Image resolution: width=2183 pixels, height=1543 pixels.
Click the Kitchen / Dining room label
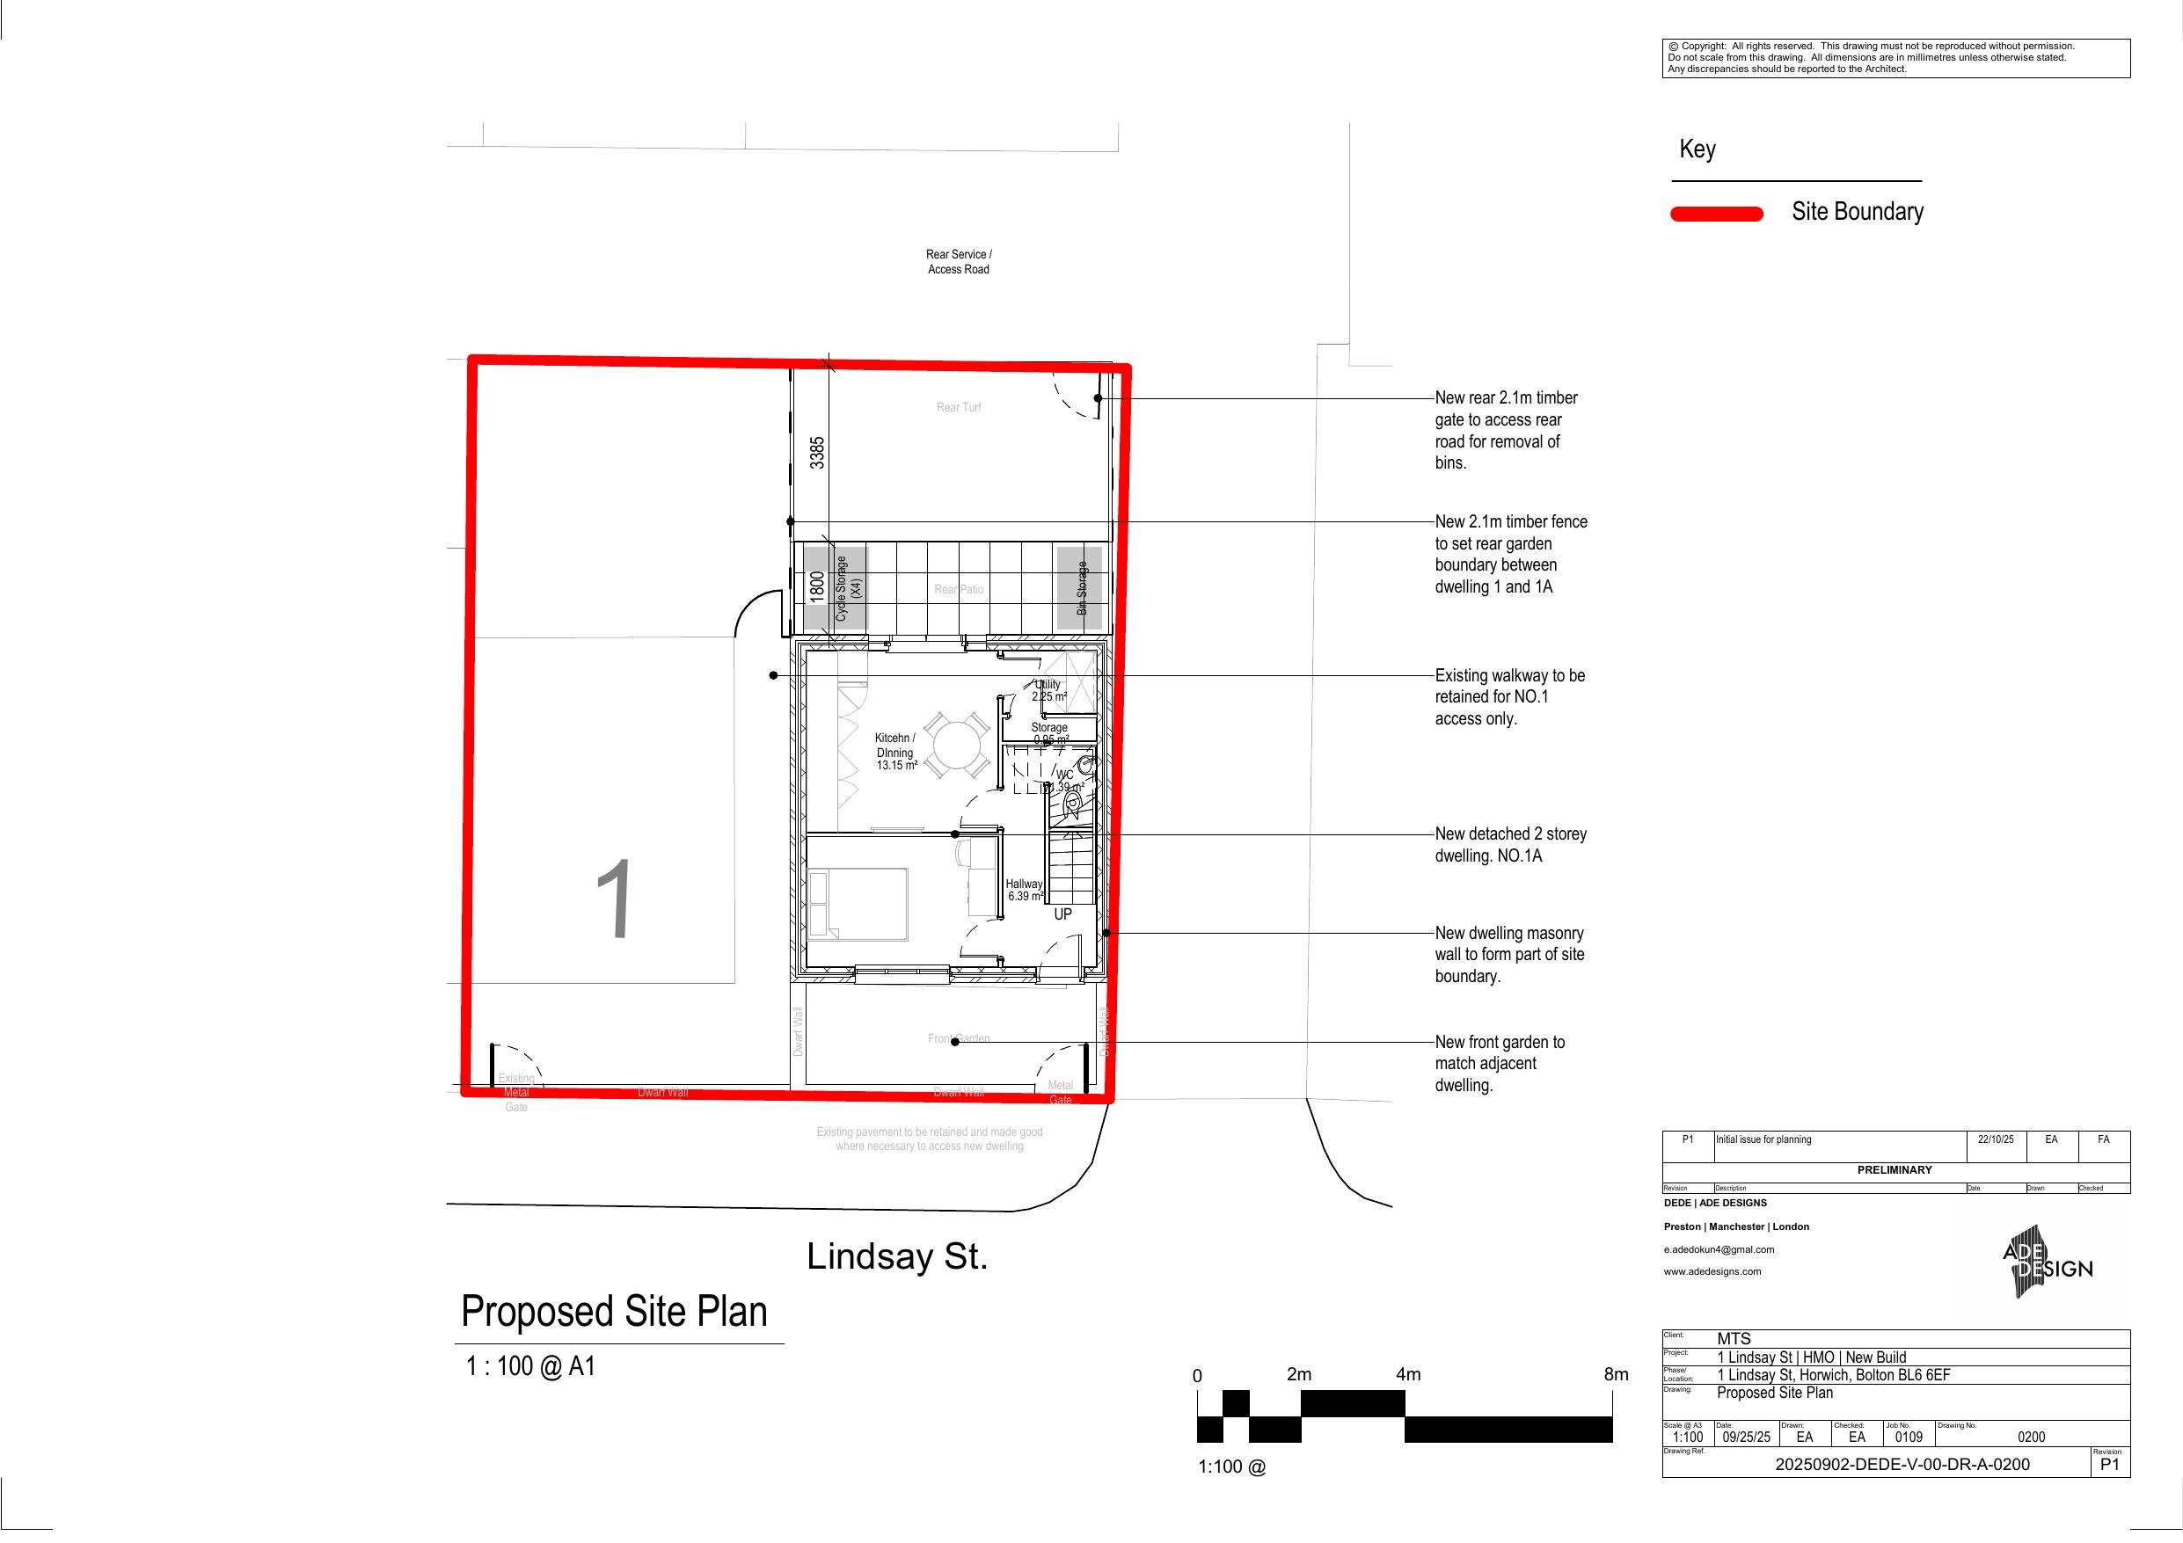[x=895, y=751]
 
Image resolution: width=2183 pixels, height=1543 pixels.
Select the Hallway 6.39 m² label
[x=1024, y=890]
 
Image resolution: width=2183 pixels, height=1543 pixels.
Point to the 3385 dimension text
[x=818, y=453]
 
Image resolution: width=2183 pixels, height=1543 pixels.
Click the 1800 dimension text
[x=817, y=586]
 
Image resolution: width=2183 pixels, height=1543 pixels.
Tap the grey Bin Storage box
[x=1080, y=587]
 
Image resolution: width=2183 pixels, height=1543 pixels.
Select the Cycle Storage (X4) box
[x=836, y=588]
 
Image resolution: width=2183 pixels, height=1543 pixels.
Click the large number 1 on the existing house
[x=615, y=900]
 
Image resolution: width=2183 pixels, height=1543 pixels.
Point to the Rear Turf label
[x=959, y=408]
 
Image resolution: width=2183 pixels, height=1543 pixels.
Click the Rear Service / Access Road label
[x=959, y=261]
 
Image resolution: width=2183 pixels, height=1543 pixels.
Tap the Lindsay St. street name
[x=896, y=1257]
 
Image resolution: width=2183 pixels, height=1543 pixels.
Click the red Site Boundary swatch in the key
[x=1716, y=214]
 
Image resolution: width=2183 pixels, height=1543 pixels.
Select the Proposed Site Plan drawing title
[x=614, y=1312]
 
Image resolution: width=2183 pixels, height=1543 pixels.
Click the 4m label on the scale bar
[x=1408, y=1375]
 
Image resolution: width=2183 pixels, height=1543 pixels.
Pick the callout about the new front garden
[x=1500, y=1064]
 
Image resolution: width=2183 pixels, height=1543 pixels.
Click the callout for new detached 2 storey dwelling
[x=1510, y=844]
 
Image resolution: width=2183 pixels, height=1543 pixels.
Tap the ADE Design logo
[x=2046, y=1268]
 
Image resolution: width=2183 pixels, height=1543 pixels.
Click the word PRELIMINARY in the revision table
[x=1894, y=1170]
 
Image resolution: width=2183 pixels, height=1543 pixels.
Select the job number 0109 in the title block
[x=1909, y=1437]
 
